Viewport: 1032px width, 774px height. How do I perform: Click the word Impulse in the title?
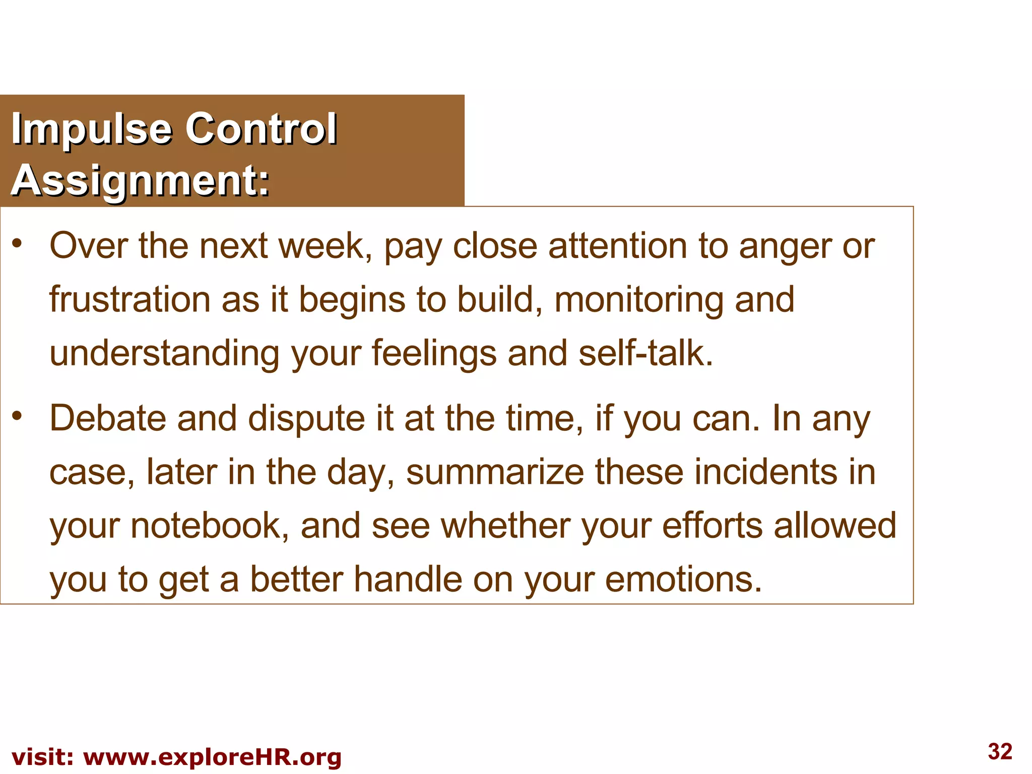[92, 129]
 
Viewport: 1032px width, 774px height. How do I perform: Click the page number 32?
[1000, 751]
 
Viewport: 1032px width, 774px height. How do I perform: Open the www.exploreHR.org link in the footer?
[212, 757]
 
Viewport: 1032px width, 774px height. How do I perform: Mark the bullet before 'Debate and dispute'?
[18, 415]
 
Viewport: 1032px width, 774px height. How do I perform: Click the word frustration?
[129, 299]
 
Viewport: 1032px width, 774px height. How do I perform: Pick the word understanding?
[164, 353]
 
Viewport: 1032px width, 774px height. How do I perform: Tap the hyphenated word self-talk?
[646, 353]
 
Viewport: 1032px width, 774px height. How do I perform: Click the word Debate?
[107, 418]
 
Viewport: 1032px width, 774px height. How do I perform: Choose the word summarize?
[495, 472]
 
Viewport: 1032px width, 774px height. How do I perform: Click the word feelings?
[434, 354]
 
